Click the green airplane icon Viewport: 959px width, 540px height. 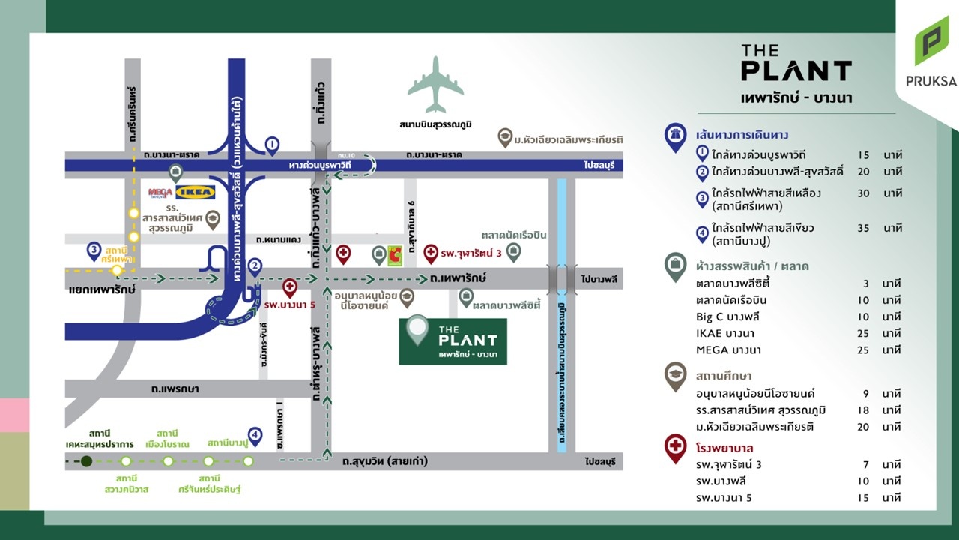coord(436,85)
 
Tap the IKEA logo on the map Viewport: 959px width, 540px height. coord(195,193)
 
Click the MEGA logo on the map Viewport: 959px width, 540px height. coord(160,193)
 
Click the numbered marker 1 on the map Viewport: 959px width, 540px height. coord(272,143)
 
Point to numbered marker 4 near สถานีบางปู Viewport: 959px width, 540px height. coord(255,436)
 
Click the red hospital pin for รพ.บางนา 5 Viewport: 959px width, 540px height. coord(289,286)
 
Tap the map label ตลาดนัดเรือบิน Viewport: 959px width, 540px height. coord(514,235)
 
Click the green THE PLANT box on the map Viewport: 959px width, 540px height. coord(453,341)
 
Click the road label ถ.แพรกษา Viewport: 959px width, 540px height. coord(173,388)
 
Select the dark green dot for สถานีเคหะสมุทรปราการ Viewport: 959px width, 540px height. coord(87,461)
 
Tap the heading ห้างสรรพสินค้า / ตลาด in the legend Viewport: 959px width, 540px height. coord(751,265)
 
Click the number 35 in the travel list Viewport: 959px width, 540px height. coord(863,228)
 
